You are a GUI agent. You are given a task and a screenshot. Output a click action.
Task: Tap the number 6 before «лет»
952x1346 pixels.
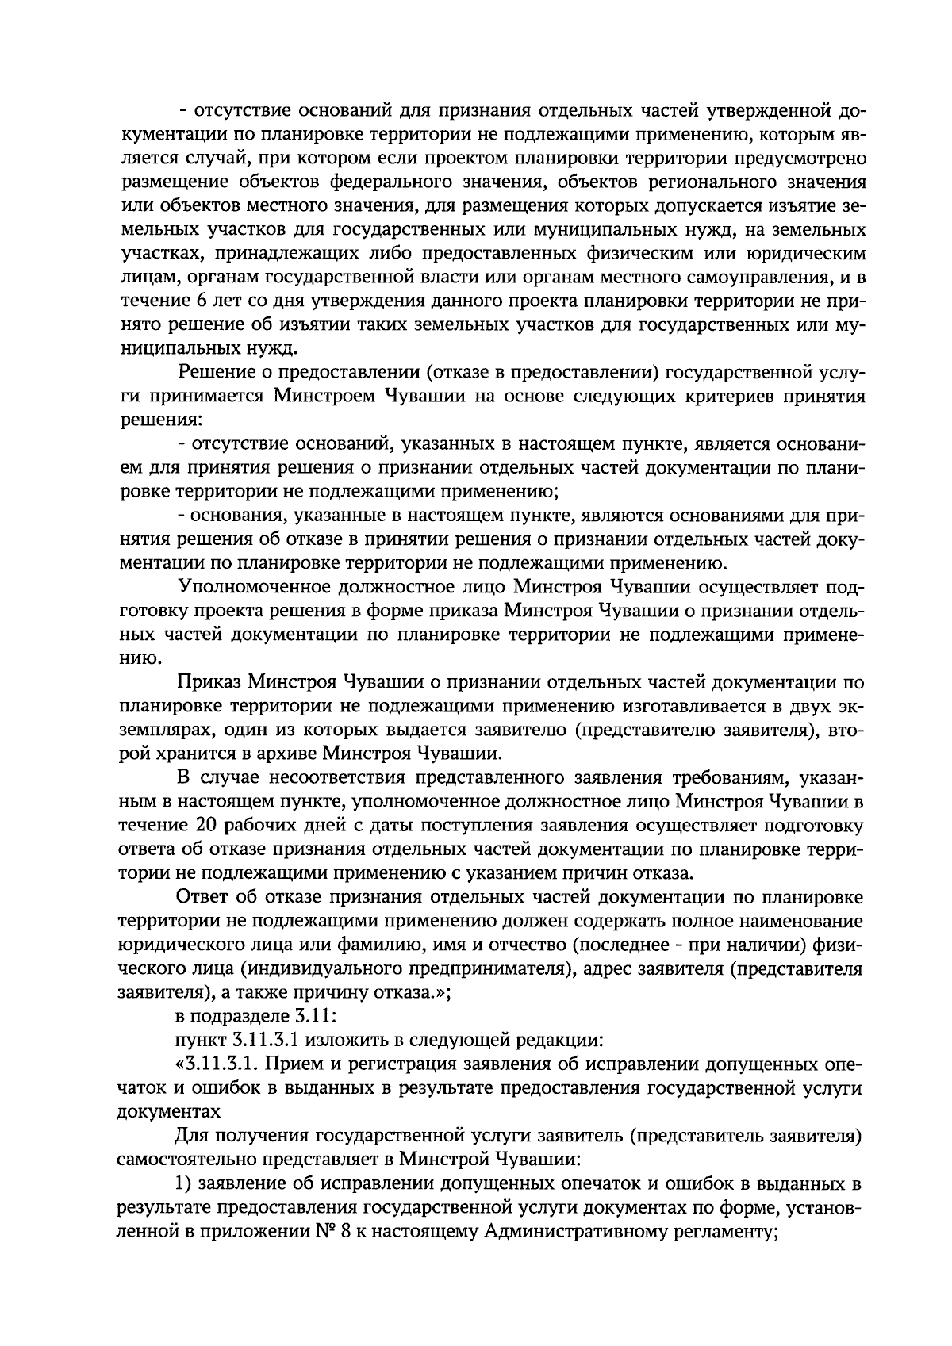click(198, 302)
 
